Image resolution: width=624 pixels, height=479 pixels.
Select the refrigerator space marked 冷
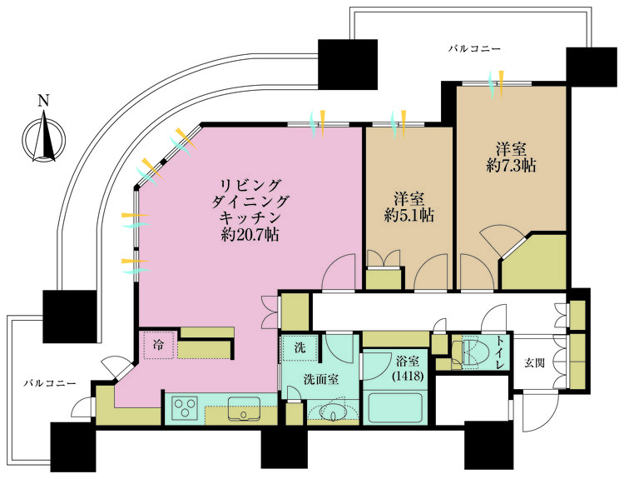click(x=158, y=344)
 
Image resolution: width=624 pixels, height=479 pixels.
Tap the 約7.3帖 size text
click(x=510, y=165)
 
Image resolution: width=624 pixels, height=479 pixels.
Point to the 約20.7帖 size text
click(x=250, y=235)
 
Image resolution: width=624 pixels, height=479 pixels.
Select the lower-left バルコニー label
click(x=50, y=383)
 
